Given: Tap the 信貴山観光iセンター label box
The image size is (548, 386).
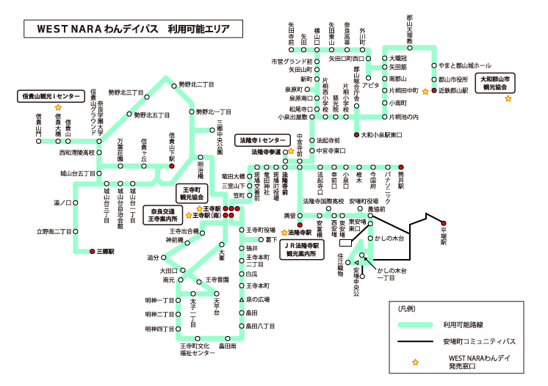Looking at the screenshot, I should coord(49,96).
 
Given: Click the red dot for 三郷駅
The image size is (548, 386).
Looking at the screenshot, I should coord(92,250).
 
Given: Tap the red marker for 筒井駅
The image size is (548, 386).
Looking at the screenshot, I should coord(402,167).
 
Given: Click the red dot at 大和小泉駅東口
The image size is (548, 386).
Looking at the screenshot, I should coord(358,135).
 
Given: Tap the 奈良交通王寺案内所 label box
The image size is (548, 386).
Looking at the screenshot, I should coord(165,213).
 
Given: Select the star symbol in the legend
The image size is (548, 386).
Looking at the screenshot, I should coord(416,362).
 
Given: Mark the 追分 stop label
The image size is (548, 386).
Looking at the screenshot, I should coord(154,258).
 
